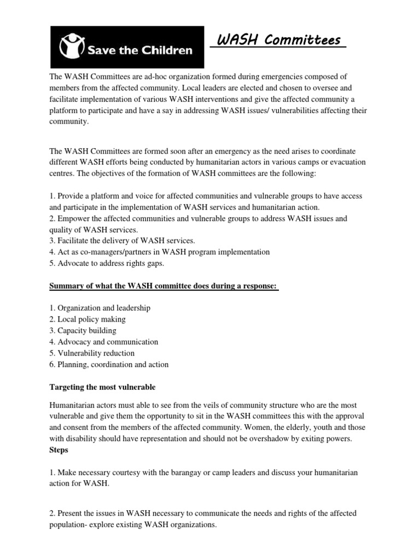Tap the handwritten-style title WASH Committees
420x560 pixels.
[x=278, y=40]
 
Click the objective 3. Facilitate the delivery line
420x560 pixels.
[x=122, y=241]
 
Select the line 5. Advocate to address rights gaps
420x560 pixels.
[x=107, y=264]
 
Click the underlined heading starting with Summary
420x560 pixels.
[x=164, y=286]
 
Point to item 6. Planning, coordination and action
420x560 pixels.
[x=109, y=365]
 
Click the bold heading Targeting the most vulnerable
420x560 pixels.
[x=102, y=387]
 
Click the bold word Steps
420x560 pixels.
[x=59, y=450]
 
